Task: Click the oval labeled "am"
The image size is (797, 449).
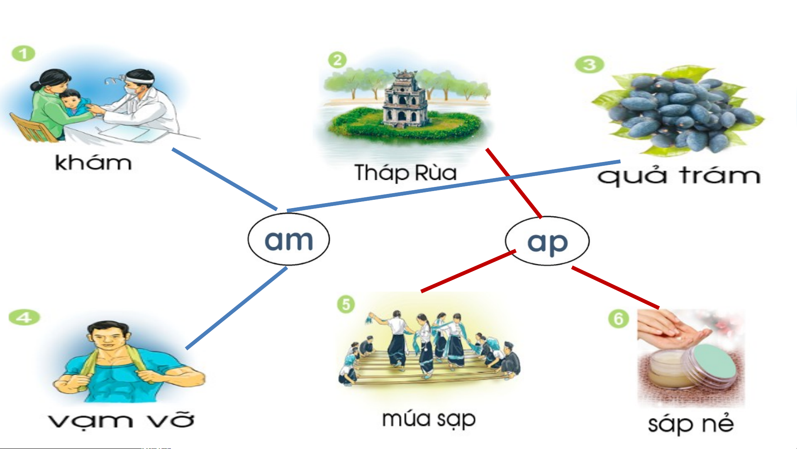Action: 289,239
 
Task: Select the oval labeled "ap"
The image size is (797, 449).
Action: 547,241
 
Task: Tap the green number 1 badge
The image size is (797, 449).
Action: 23,54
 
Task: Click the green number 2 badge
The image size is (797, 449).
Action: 337,60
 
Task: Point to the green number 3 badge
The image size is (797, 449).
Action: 589,64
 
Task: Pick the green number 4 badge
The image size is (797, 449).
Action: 24,317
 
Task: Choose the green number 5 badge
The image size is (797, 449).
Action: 346,304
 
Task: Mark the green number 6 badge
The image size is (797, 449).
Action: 618,319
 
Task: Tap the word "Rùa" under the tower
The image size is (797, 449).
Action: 436,172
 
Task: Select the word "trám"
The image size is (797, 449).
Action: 720,176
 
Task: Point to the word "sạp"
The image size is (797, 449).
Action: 453,420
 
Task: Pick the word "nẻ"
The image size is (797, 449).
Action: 718,424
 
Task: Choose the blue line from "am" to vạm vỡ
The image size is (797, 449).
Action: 236,308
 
